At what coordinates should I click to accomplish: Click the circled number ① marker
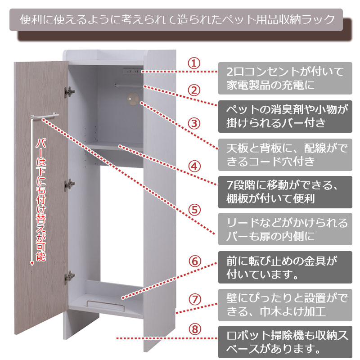tap(194, 63)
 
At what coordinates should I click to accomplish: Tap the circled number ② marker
tap(194, 90)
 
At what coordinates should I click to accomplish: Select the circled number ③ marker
tap(194, 123)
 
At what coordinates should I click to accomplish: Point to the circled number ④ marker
tap(195, 166)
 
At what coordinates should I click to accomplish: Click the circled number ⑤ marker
tap(195, 210)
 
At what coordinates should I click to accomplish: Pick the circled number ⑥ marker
tap(195, 261)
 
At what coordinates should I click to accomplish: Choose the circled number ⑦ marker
tap(195, 300)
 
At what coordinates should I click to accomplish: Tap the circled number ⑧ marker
tap(195, 329)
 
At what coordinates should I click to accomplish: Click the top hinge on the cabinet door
tap(69, 92)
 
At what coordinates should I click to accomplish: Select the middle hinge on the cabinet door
tap(69, 184)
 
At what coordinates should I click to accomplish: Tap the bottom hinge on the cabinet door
tap(70, 277)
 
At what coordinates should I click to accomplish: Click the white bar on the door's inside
tap(45, 116)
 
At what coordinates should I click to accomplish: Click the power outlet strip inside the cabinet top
tap(131, 71)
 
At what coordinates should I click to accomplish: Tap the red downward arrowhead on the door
tap(32, 263)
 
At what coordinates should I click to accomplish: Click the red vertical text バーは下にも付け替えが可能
tap(41, 200)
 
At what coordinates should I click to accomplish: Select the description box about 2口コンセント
tap(285, 78)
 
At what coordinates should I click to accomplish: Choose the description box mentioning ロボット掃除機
tap(285, 342)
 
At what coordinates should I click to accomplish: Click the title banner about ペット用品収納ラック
tap(176, 20)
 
